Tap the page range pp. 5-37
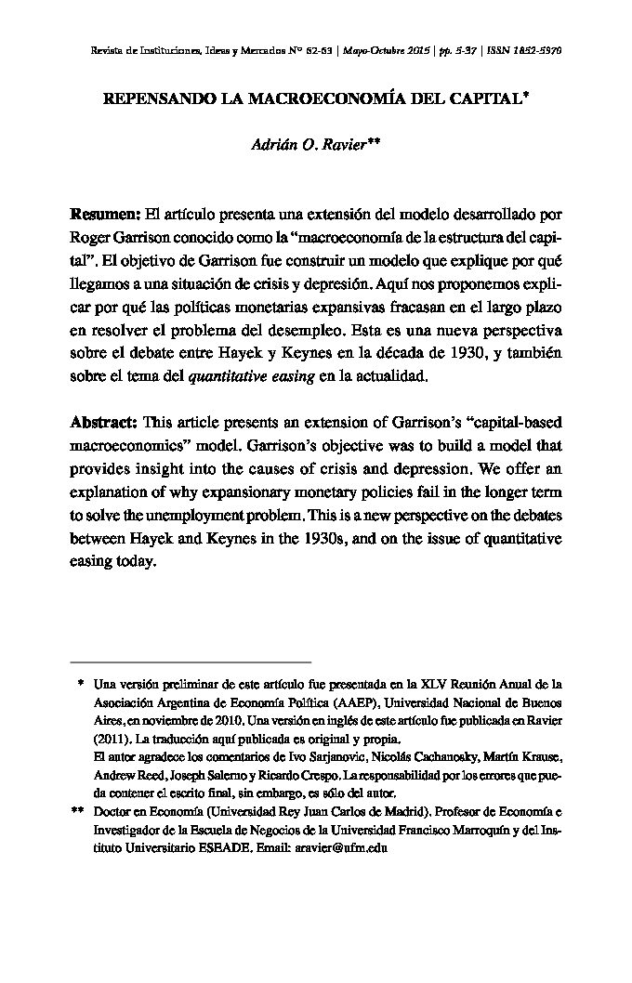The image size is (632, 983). pos(460,51)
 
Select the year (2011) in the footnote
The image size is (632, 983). pos(113,739)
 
